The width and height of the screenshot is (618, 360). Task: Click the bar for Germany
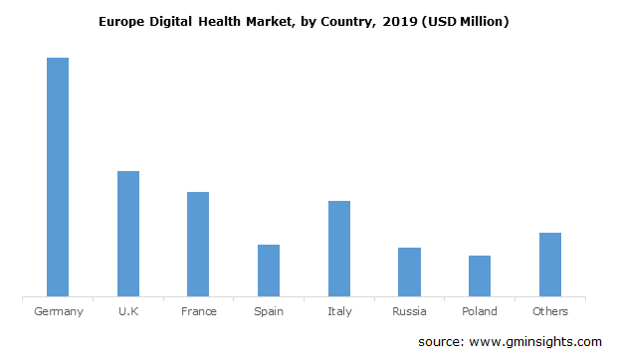pos(58,177)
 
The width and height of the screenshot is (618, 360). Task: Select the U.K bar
pos(128,234)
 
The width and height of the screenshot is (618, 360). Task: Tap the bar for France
pos(198,244)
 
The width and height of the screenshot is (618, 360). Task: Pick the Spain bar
pos(269,270)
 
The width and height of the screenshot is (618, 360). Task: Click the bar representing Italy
pos(338,249)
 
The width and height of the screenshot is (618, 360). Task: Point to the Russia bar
pos(409,271)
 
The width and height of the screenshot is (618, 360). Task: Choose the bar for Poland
pos(480,275)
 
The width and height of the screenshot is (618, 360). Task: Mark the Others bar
pos(549,265)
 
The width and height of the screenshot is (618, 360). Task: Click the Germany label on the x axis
pos(58,311)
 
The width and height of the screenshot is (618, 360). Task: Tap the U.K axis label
pos(128,311)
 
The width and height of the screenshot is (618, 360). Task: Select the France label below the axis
pos(199,311)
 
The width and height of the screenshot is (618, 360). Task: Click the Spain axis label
pos(269,311)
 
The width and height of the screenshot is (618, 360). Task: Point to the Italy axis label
pos(338,311)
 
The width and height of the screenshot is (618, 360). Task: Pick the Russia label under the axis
pos(409,311)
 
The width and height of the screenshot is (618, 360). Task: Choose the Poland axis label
pos(480,311)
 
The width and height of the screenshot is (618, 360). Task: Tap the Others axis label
pos(549,311)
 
